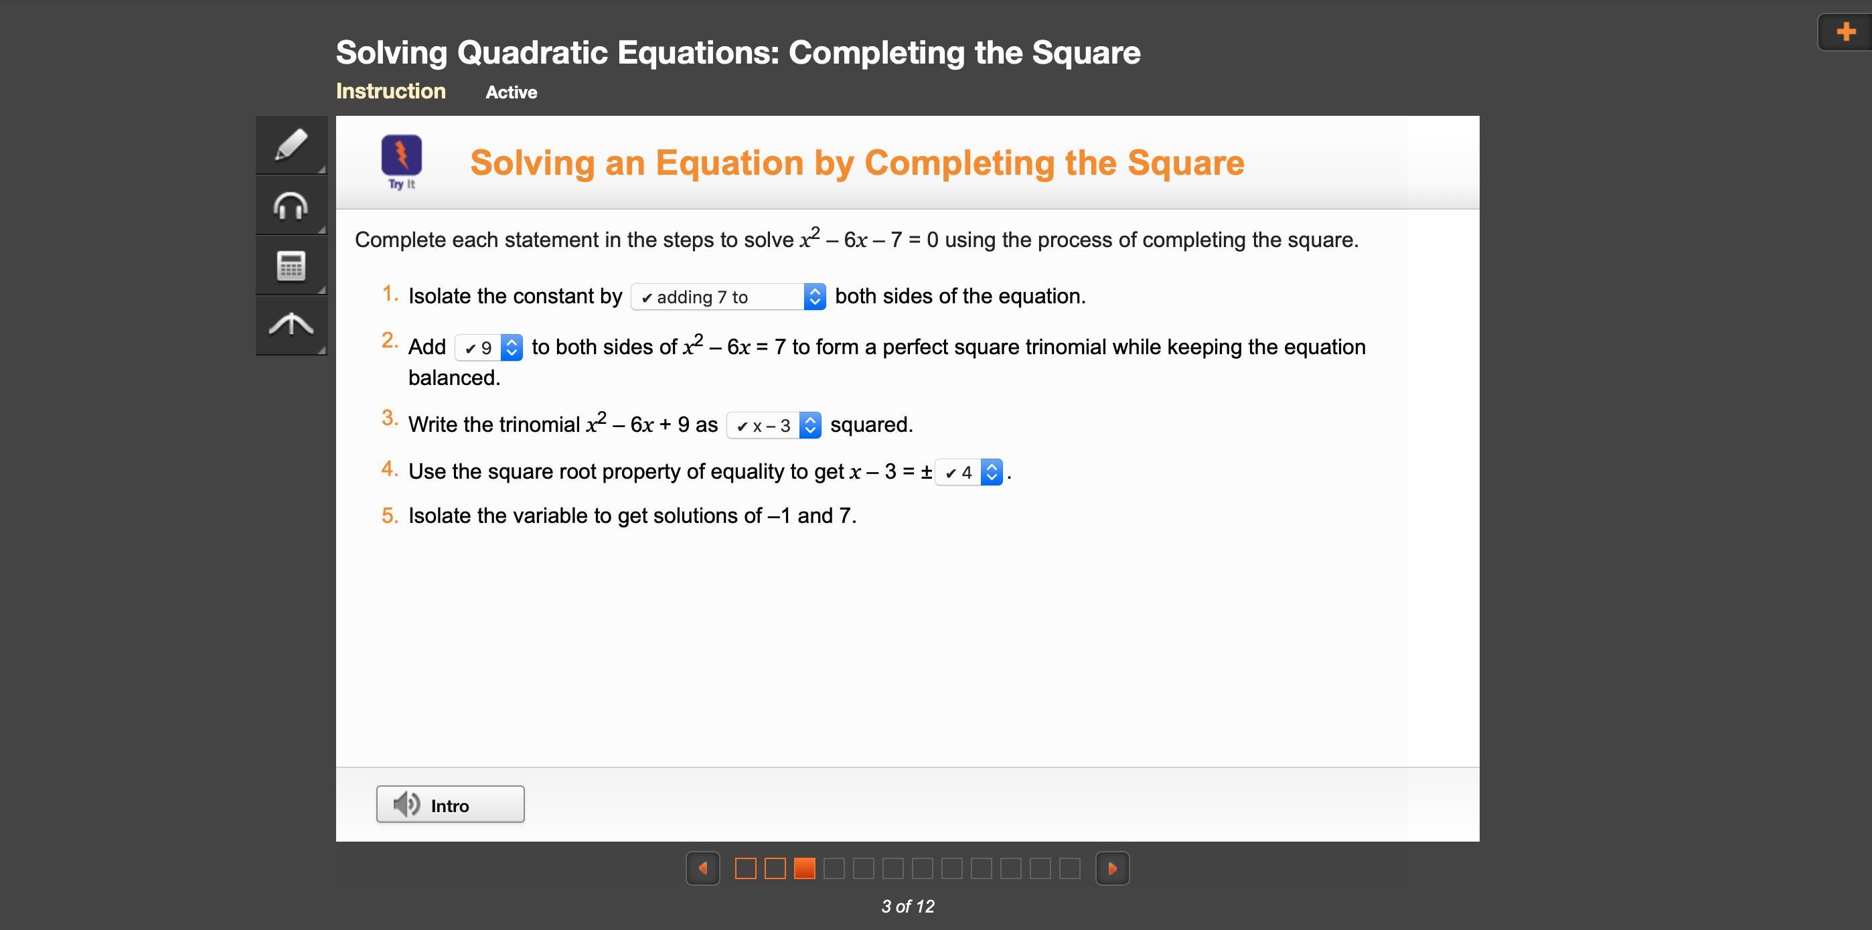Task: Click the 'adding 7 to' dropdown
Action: (x=728, y=297)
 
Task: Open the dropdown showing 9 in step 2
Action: (x=488, y=347)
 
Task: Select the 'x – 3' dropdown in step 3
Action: (x=774, y=425)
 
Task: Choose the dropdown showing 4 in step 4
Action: (x=969, y=472)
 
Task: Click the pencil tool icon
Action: (x=291, y=145)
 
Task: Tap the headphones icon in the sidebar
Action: (x=291, y=206)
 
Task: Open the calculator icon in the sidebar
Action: (x=291, y=266)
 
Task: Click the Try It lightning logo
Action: (x=401, y=155)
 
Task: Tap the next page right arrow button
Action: (x=1113, y=868)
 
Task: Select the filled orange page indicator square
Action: (x=805, y=868)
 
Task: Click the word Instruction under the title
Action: (x=390, y=91)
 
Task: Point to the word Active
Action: (x=512, y=92)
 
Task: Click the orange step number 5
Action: (x=390, y=516)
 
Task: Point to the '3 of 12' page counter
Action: (x=908, y=906)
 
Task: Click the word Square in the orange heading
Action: (x=1186, y=163)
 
